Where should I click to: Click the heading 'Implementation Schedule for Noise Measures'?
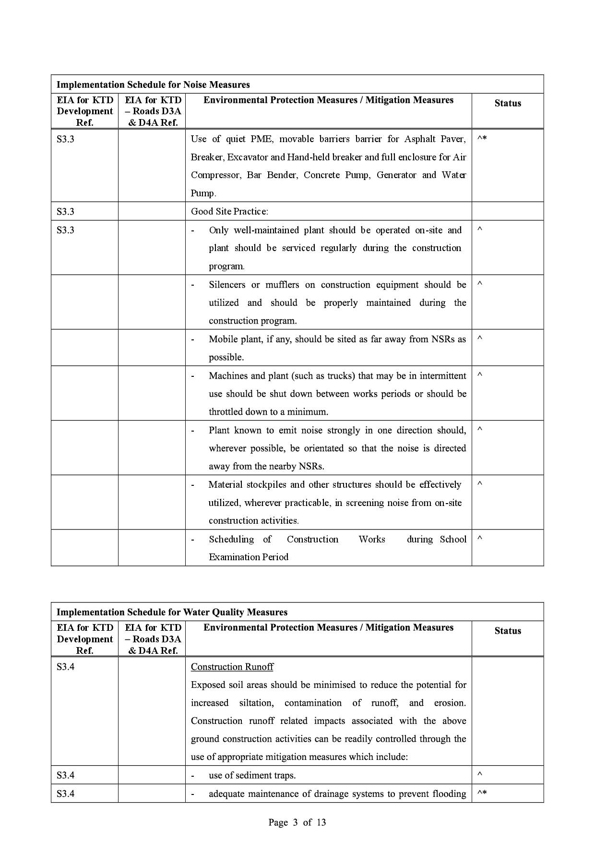[x=153, y=84]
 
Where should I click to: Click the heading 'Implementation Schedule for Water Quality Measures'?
[x=172, y=612]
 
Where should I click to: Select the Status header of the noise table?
[x=507, y=103]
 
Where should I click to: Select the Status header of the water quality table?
[x=507, y=631]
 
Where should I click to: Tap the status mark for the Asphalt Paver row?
[x=482, y=139]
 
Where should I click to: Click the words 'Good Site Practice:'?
[x=229, y=211]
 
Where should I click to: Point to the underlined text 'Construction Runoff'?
[x=232, y=667]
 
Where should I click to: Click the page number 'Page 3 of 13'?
[x=297, y=822]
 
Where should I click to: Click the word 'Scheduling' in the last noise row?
[x=231, y=539]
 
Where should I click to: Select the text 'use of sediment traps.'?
[x=252, y=775]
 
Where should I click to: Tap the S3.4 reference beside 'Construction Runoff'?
[x=65, y=667]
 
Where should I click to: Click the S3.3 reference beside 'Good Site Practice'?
[x=65, y=211]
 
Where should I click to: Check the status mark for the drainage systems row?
[x=482, y=794]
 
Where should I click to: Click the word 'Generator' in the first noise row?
[x=396, y=175]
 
